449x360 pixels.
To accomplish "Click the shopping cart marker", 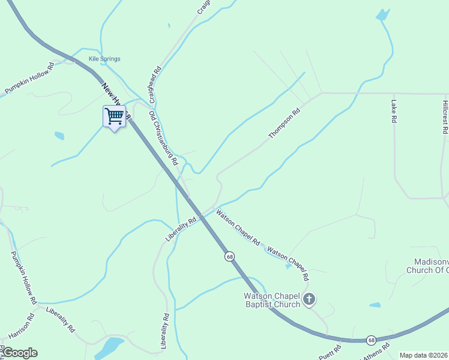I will pyautogui.click(x=114, y=116).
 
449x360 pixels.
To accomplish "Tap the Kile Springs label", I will pyautogui.click(x=104, y=59).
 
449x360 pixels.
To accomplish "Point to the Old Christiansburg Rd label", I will pyautogui.click(x=163, y=139).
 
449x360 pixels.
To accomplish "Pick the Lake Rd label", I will pyautogui.click(x=394, y=112).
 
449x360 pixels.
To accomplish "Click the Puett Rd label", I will pyautogui.click(x=330, y=349).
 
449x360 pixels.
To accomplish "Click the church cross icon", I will pyautogui.click(x=309, y=299).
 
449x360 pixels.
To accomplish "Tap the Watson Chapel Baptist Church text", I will pyautogui.click(x=271, y=300).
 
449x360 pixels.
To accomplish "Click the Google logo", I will pyautogui.click(x=19, y=353).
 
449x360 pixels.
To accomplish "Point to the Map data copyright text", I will pyautogui.click(x=423, y=355).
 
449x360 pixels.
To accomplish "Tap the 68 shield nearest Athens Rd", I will pyautogui.click(x=372, y=340).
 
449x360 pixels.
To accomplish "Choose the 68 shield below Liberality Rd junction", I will pyautogui.click(x=230, y=256).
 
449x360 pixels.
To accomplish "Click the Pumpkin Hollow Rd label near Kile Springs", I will pyautogui.click(x=29, y=78).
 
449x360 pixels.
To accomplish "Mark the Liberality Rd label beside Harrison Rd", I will pyautogui.click(x=60, y=320).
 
